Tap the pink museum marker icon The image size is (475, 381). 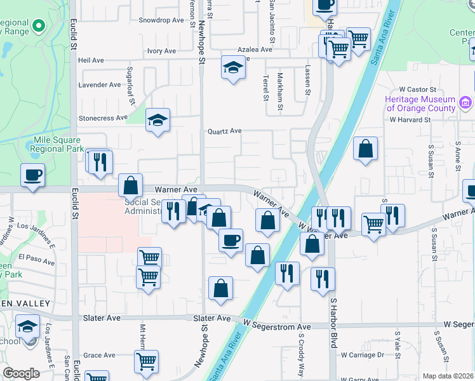click(465, 103)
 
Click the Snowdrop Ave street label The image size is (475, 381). click(161, 20)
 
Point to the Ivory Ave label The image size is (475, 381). click(161, 51)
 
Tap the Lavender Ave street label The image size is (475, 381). click(99, 84)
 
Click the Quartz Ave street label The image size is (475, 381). click(225, 131)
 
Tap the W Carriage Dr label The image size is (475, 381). click(363, 355)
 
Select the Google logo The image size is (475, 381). click(21, 373)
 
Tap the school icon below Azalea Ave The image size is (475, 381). click(233, 67)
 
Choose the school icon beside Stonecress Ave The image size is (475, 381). click(157, 120)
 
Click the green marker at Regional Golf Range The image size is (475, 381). click(39, 27)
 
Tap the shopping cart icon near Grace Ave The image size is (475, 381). click(146, 361)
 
